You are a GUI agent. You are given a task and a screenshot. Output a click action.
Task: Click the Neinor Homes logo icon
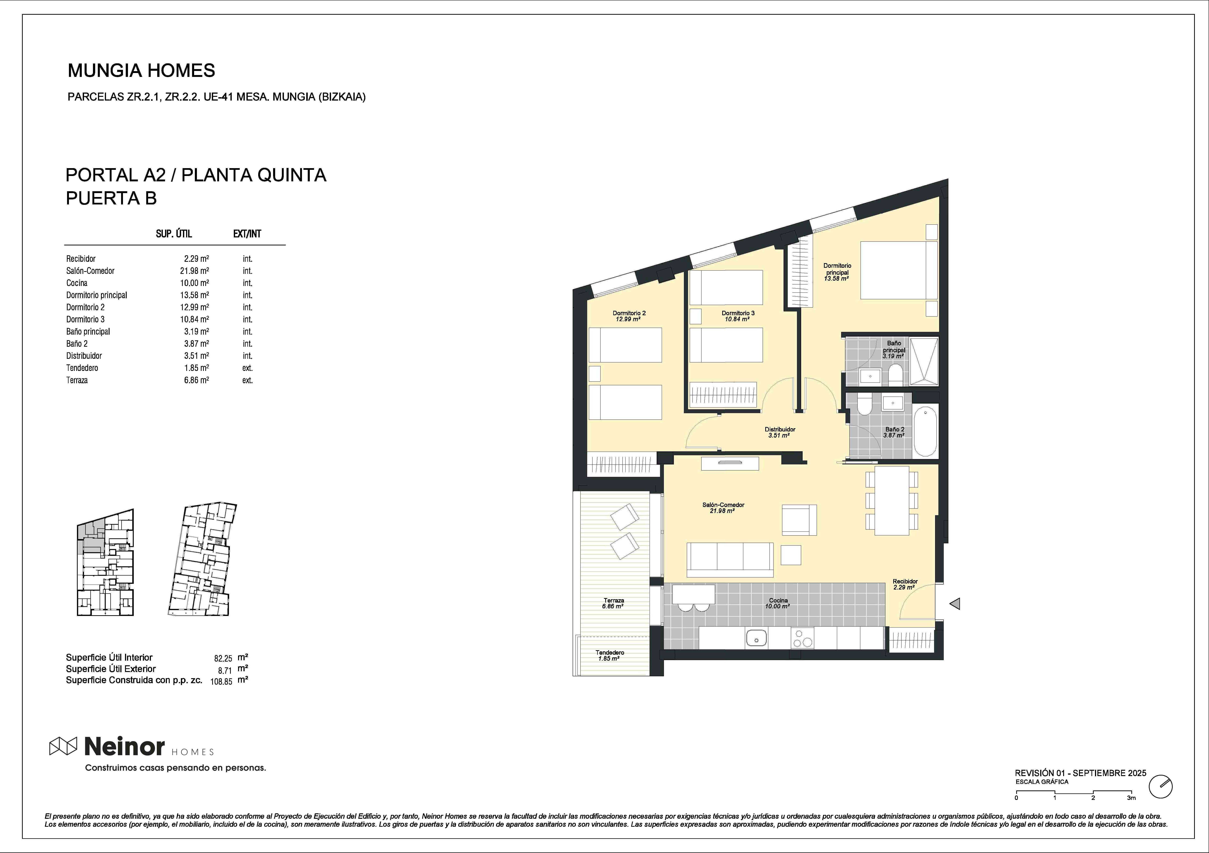[x=63, y=746]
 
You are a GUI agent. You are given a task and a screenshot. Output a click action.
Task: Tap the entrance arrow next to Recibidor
[x=955, y=603]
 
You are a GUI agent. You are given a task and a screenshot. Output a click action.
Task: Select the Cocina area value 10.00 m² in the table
[x=194, y=283]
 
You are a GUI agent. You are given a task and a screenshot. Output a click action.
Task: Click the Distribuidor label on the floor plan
[x=780, y=429]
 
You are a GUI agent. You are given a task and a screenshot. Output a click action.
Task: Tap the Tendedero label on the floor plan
[x=610, y=652]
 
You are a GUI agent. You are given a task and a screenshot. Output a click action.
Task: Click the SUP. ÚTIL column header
[x=174, y=234]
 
